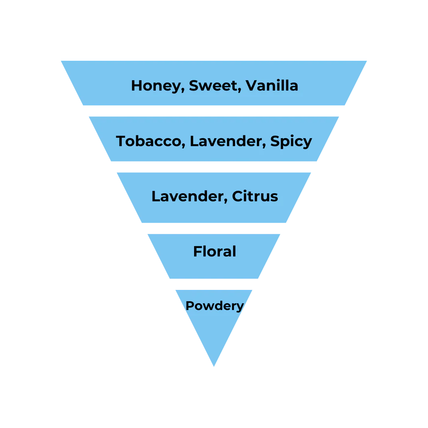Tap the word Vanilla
272,85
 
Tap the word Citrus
255,196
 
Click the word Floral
215,251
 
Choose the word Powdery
215,306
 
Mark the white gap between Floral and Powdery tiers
214,284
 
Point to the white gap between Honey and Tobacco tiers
214,111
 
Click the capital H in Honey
136,85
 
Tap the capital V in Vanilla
252,85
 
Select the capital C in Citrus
238,196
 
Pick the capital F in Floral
198,251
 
